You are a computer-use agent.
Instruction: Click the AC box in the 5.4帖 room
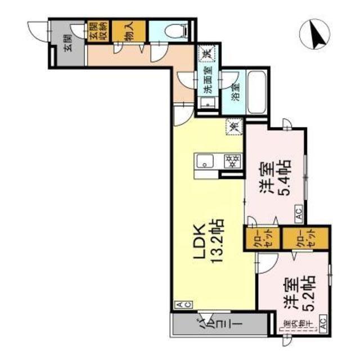[298, 213]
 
